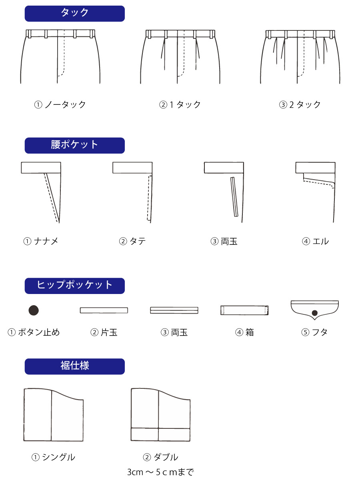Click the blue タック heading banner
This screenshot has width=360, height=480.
(74, 14)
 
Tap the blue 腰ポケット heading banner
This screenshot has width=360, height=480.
(74, 146)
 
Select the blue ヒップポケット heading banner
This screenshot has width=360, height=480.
(74, 286)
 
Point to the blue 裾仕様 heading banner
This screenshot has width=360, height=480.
(74, 366)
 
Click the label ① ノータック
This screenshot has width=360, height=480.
(60, 104)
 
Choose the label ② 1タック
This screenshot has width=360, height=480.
(180, 104)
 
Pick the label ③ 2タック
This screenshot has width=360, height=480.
(300, 104)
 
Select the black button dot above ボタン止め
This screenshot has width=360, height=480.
(34, 310)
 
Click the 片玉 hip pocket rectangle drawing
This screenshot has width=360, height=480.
(104, 310)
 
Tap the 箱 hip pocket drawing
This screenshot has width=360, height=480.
(244, 310)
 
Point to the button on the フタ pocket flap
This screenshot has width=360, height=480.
(314, 313)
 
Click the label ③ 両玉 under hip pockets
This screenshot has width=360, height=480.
(174, 332)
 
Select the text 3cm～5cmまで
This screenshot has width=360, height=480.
(161, 472)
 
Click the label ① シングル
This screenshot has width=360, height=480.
(53, 457)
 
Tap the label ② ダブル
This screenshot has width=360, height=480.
(160, 457)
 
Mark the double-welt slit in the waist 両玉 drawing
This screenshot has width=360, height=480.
(234, 197)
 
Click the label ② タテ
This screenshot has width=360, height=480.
(132, 241)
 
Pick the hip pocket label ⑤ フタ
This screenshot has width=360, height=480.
(314, 332)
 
